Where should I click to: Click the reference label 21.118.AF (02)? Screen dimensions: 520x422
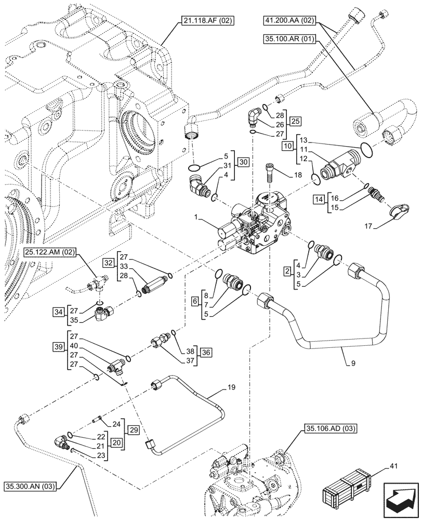click(x=208, y=21)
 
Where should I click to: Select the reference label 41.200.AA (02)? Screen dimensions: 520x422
click(x=289, y=21)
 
